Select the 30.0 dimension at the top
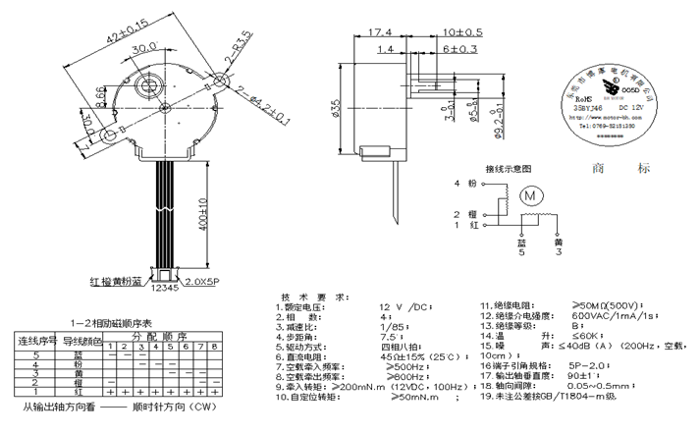pos(145,47)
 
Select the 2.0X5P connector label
pos(208,282)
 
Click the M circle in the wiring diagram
pos(531,195)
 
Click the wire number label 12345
pos(167,290)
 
